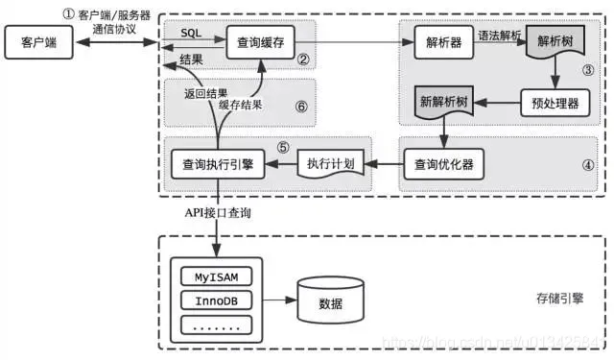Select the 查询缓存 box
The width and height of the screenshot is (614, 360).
click(x=258, y=42)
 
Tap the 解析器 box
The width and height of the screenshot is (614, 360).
click(x=442, y=42)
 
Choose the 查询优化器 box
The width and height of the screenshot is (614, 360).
click(x=442, y=163)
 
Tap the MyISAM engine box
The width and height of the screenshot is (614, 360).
click(x=217, y=277)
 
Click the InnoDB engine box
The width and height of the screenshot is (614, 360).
click(x=217, y=301)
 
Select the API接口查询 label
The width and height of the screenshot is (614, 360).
click(x=219, y=211)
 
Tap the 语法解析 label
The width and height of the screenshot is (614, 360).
click(x=500, y=34)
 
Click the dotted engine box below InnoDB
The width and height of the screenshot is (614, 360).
click(x=217, y=325)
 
